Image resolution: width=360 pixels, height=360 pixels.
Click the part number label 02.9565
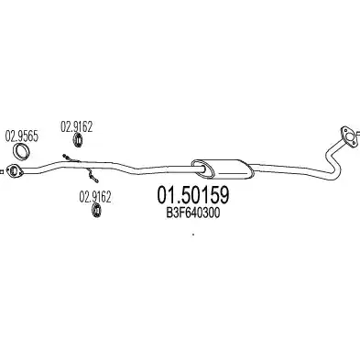click(22, 136)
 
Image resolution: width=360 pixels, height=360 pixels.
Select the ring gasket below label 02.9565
click(22, 151)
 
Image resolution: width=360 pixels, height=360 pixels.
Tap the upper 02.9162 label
click(76, 126)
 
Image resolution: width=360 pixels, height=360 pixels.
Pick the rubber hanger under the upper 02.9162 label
click(78, 140)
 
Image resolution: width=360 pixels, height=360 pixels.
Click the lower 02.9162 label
click(95, 197)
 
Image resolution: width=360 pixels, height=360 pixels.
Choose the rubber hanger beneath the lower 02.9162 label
click(96, 211)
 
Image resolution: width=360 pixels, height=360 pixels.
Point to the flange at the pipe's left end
click(15, 170)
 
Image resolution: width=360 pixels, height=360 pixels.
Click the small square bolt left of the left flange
click(1, 171)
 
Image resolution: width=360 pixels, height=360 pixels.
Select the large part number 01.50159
click(192, 196)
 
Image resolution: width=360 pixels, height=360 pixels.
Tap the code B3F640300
click(192, 213)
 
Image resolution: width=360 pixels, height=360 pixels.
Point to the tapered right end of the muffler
click(250, 170)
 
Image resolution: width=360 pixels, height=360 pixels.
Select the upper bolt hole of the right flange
click(344, 130)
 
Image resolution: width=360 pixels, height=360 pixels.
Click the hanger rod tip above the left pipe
click(64, 156)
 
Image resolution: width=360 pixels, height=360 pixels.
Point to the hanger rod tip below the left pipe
click(96, 181)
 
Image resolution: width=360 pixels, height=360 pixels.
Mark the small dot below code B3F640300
click(192, 235)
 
